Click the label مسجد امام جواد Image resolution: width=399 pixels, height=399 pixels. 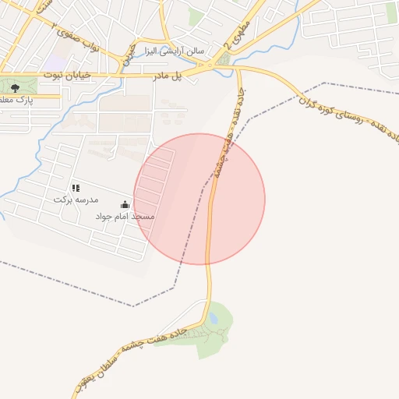coord(125,215)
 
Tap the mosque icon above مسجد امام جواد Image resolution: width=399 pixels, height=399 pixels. coord(125,204)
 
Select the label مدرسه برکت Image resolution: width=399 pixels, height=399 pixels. coord(72,199)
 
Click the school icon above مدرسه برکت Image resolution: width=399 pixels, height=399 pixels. coord(76,188)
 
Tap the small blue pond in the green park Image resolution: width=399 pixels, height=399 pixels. coord(214,318)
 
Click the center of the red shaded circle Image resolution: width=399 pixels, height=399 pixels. coord(199,199)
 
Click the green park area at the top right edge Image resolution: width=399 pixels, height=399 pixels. coord(392,12)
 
